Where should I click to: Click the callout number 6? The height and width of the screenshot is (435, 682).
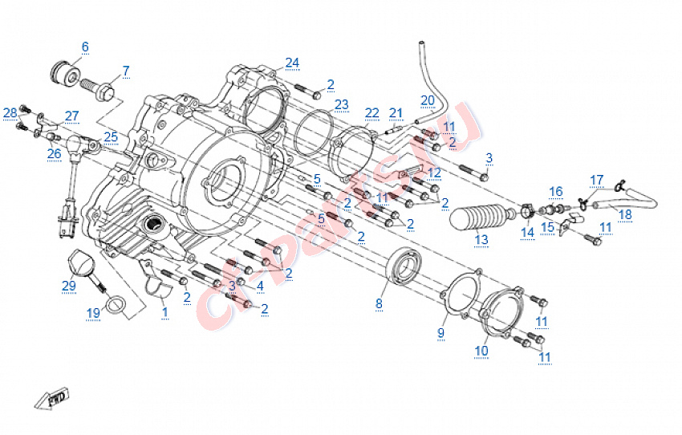point(85,47)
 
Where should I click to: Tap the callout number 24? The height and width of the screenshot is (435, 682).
point(292,62)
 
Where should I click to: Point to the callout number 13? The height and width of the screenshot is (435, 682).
point(481,239)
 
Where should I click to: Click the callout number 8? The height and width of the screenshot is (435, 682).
point(380,303)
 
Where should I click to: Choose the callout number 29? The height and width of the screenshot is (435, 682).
point(69,285)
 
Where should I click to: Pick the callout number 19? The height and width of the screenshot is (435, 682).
point(94,312)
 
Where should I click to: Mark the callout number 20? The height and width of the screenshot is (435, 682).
point(427,100)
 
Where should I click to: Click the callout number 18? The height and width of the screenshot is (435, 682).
point(625,214)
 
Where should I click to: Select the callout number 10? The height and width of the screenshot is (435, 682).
point(481,350)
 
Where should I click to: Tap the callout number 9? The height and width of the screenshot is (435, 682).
point(440,332)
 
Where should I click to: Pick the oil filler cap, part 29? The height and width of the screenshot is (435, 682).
point(80,261)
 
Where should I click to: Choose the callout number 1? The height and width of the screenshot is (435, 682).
point(165,311)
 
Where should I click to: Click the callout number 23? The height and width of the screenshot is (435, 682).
point(342,104)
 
